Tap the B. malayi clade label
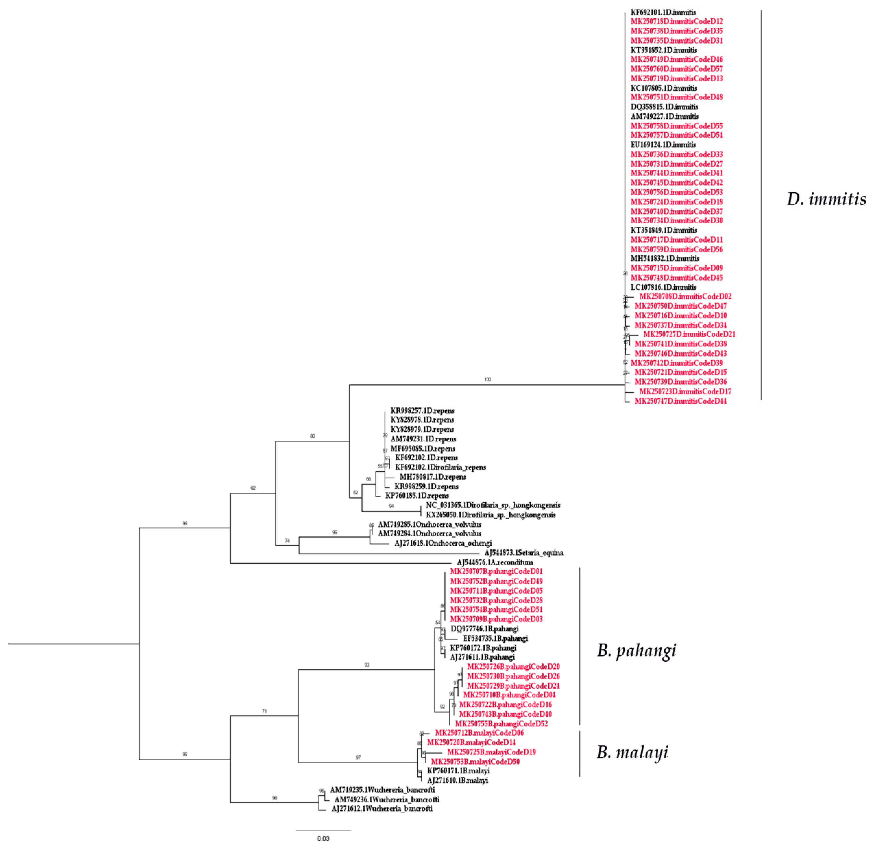coord(632,752)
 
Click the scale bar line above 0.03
coord(323,830)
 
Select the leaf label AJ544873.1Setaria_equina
coord(524,553)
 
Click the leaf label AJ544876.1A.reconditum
coord(495,562)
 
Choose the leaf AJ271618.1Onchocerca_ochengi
coord(443,543)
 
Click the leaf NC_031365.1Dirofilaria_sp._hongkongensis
coord(493,505)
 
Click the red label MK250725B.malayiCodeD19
coord(491,752)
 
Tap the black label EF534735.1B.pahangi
coord(495,638)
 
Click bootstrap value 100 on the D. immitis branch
coord(488,379)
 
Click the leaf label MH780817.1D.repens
coord(432,477)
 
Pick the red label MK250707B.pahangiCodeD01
coord(496,571)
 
